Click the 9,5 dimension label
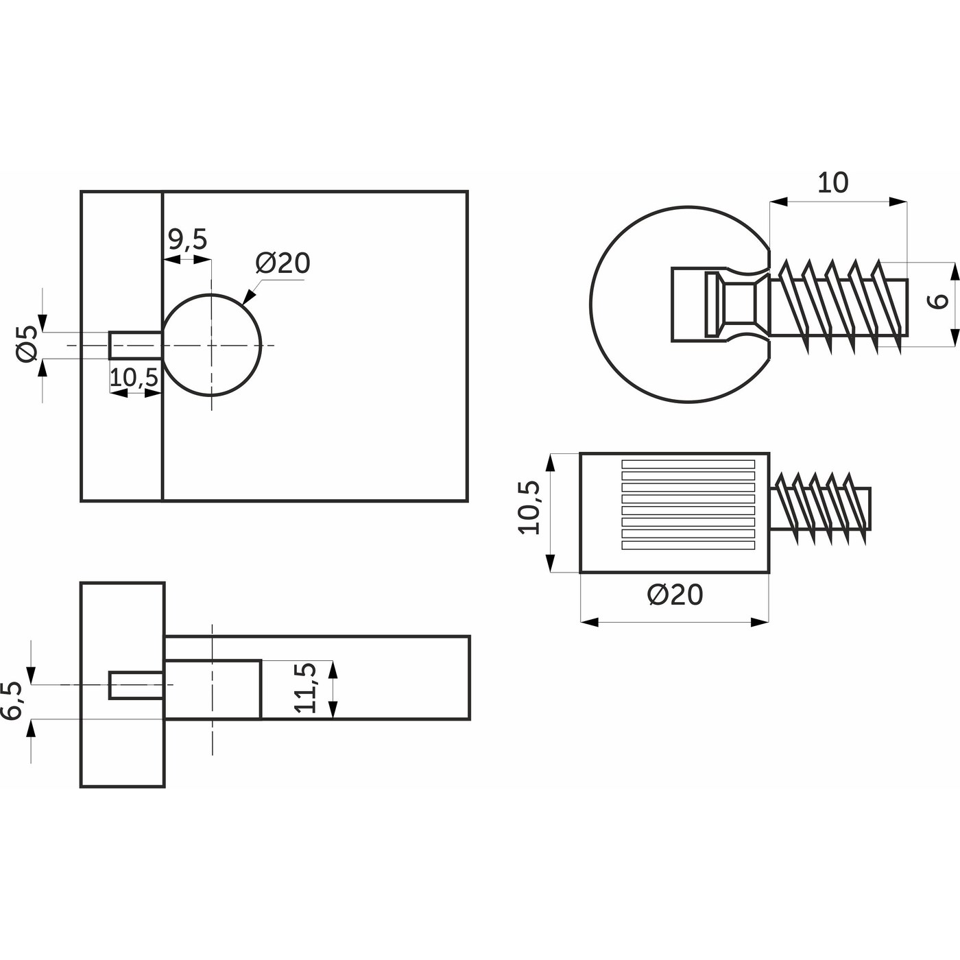tap(187, 240)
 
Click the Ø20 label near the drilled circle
tap(283, 263)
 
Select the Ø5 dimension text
tap(27, 344)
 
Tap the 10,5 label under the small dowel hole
tap(134, 377)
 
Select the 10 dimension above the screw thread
tap(832, 183)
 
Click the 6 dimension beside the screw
tap(940, 300)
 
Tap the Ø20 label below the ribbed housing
tap(675, 595)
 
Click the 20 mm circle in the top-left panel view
tap(212, 345)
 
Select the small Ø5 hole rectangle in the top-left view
tap(135, 344)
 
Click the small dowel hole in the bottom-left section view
tap(136, 686)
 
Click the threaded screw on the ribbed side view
tap(820, 508)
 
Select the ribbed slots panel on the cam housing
tap(688, 505)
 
